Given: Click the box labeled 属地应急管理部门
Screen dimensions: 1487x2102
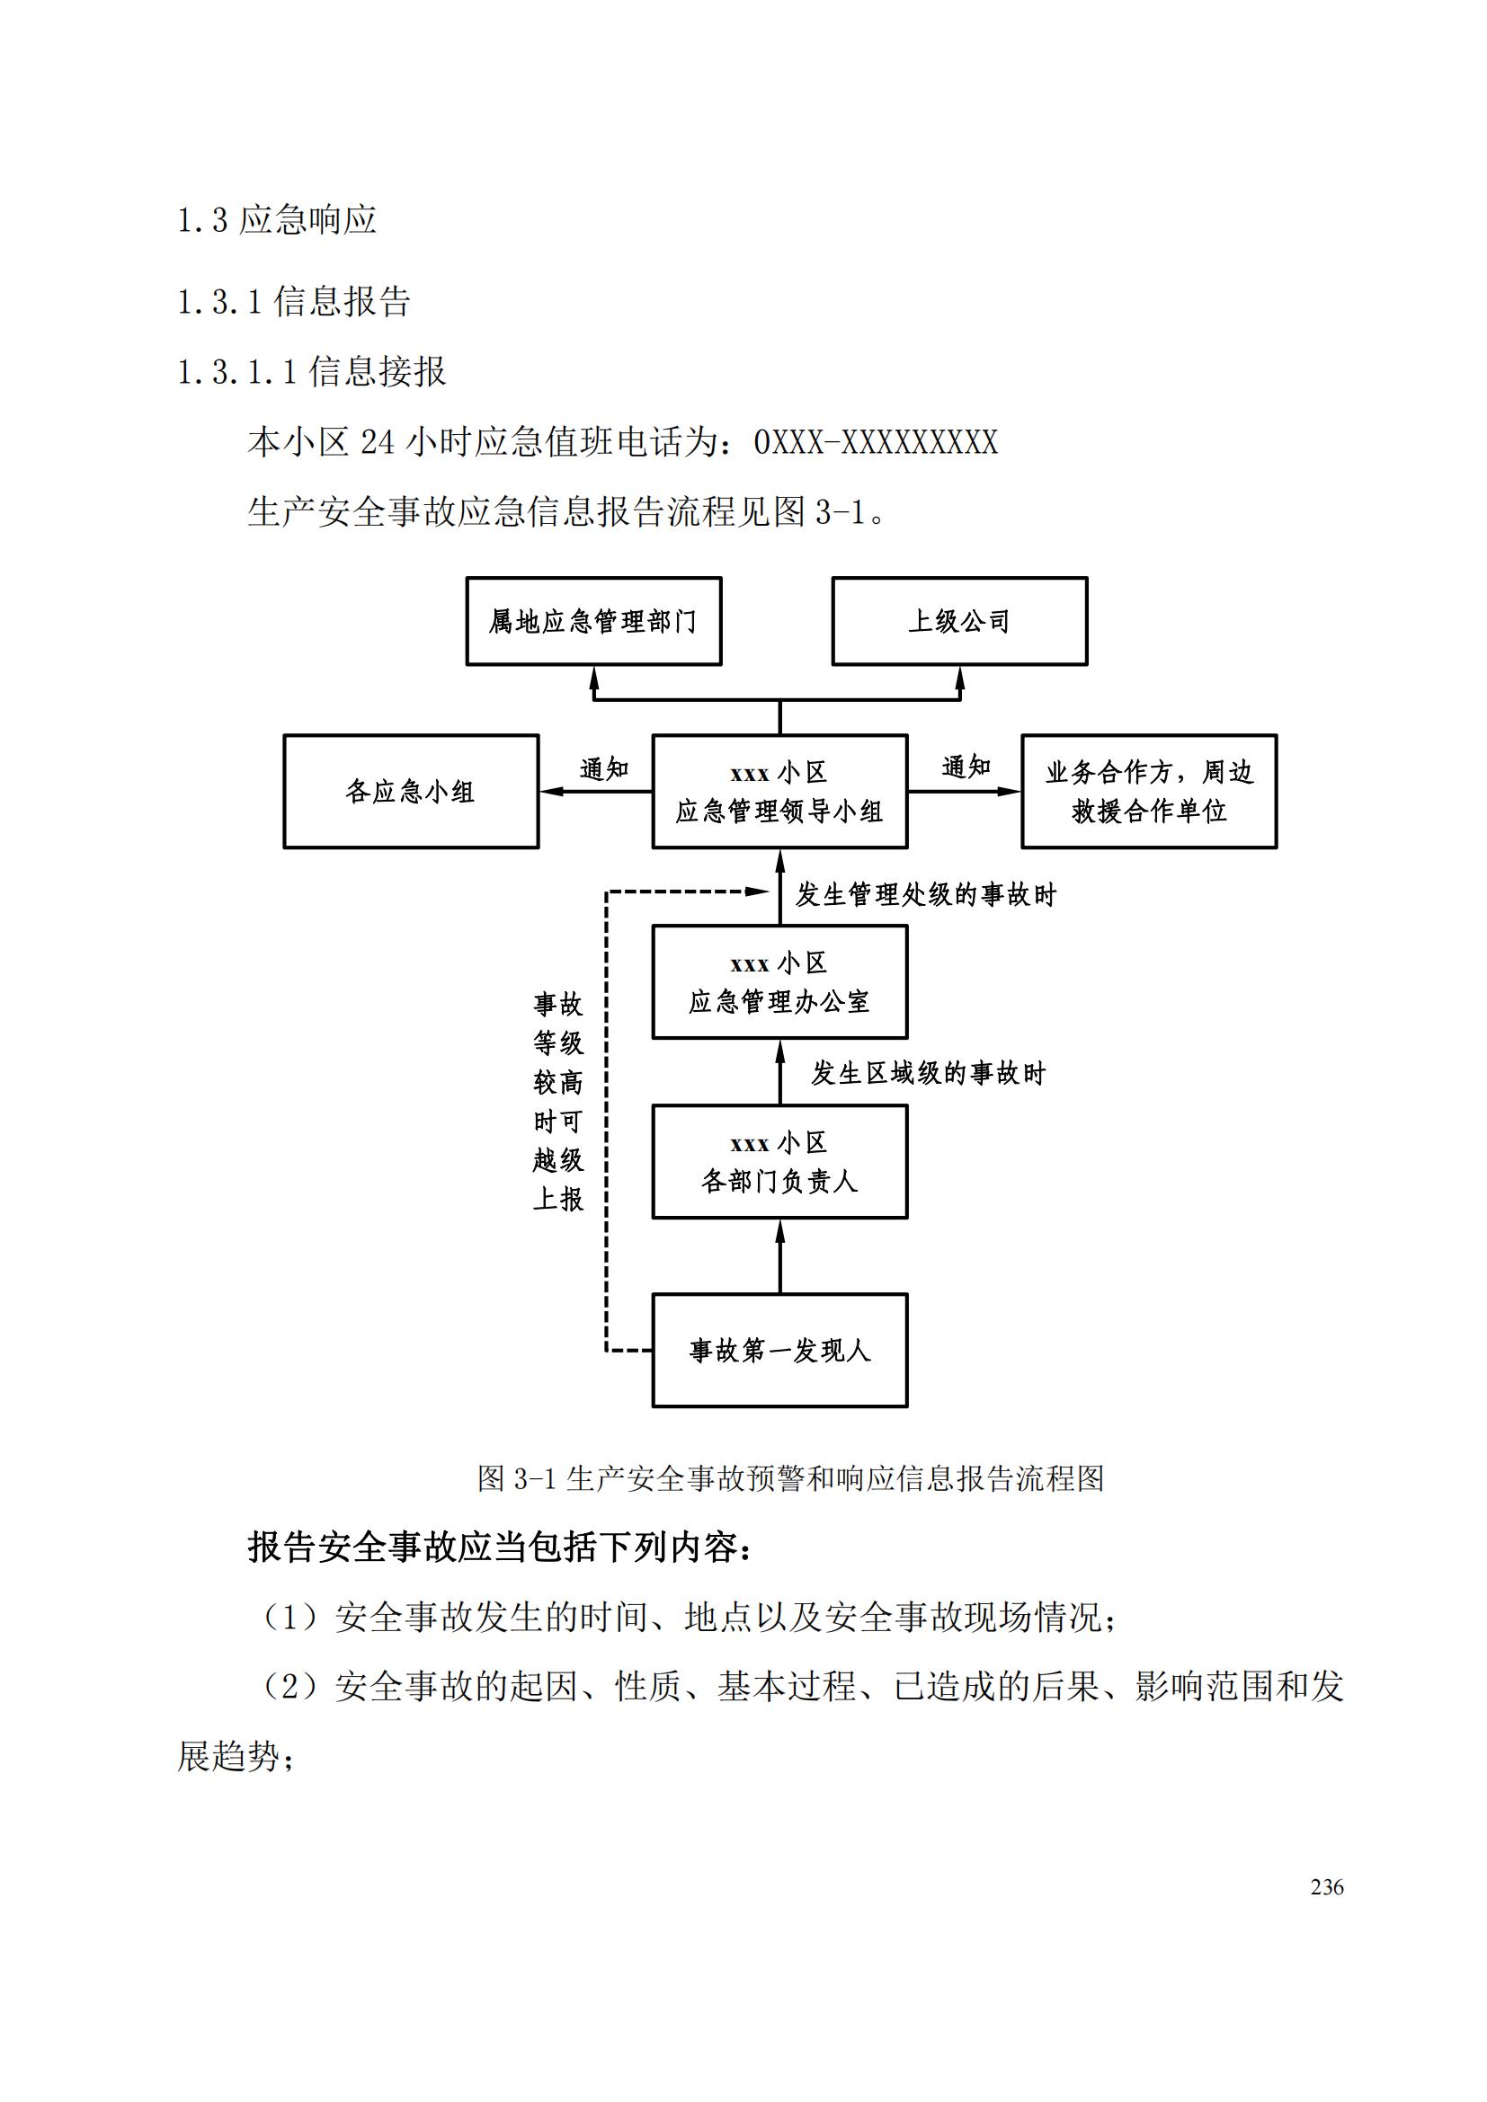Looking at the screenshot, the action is (x=593, y=621).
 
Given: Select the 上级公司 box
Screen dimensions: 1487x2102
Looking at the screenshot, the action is (x=959, y=621).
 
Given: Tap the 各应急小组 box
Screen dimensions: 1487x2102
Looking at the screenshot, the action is (x=411, y=791).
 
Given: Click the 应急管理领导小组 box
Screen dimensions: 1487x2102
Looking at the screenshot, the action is (x=780, y=791).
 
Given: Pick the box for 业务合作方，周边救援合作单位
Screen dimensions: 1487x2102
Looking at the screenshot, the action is (x=1149, y=791).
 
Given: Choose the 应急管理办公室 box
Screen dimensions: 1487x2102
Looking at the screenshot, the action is (x=780, y=981).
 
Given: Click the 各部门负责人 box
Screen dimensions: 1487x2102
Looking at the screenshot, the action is (x=780, y=1162).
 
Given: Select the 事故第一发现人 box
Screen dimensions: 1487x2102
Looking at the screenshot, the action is (x=780, y=1351).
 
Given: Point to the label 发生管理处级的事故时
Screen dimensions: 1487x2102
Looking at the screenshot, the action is (x=926, y=894).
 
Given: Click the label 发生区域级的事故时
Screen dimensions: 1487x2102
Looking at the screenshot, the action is (x=929, y=1073).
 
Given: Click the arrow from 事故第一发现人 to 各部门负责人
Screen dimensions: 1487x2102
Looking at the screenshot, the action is (x=780, y=1256).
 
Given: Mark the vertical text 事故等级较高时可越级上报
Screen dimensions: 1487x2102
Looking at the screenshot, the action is (x=558, y=1103).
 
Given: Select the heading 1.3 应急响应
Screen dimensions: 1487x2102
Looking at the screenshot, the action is (x=277, y=219).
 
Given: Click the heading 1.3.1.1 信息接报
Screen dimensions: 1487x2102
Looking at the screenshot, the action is (x=311, y=372).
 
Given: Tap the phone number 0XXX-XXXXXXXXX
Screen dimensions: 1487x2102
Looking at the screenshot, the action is (x=876, y=443).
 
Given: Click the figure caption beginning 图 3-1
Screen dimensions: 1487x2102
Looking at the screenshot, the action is (x=791, y=1478).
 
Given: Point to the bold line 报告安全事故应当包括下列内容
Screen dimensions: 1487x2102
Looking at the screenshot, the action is (x=502, y=1548).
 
